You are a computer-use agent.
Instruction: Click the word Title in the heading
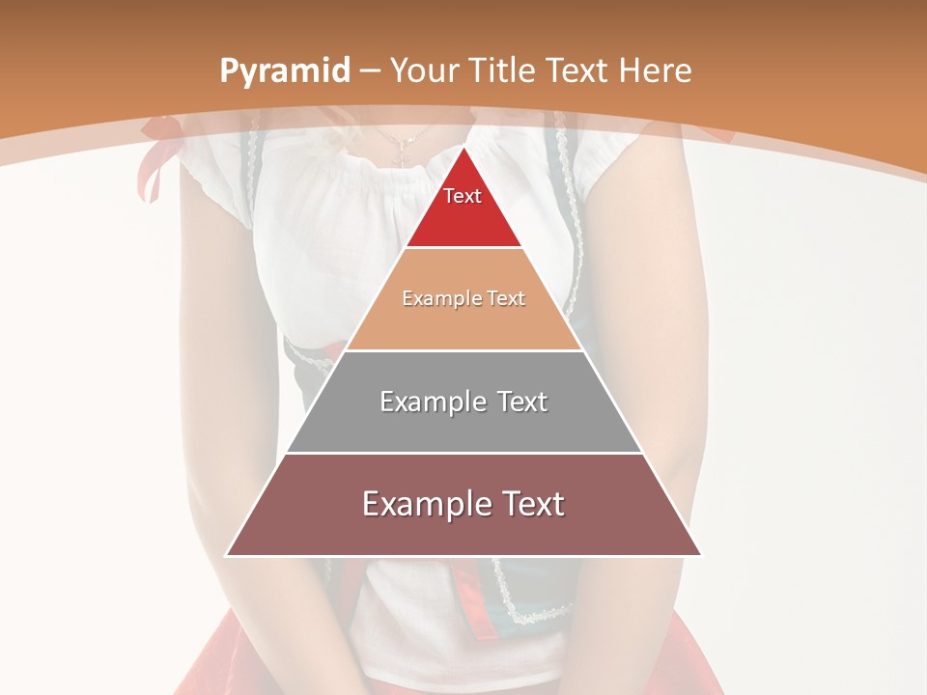503,70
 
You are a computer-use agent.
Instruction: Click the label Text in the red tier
463,196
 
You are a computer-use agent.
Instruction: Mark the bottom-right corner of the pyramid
700,555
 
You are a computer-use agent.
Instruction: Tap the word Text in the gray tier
516,402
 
